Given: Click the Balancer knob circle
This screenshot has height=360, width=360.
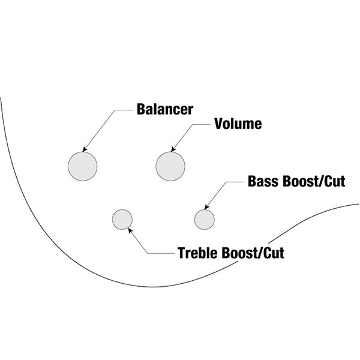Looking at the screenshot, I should tap(82, 166).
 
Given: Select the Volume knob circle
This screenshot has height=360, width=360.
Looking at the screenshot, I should tap(170, 166).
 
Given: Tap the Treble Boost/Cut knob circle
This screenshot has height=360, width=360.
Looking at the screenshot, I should tap(122, 219).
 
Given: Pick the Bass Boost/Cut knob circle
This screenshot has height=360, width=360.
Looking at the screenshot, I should tap(204, 219).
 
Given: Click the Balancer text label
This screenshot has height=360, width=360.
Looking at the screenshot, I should tap(164, 110).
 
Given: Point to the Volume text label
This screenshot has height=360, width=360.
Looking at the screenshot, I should tap(238, 124).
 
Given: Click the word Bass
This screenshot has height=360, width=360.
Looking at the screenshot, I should tap(261, 182).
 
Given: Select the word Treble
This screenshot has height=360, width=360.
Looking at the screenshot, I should tap(198, 252).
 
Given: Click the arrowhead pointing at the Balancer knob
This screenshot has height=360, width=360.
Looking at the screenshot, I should tap(86, 148).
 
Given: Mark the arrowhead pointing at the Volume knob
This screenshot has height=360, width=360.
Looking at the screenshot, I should tap(173, 148).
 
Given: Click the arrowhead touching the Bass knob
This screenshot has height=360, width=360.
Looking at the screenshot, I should tap(208, 206).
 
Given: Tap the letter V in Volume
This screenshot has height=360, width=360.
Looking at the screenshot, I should tap(218, 124).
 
